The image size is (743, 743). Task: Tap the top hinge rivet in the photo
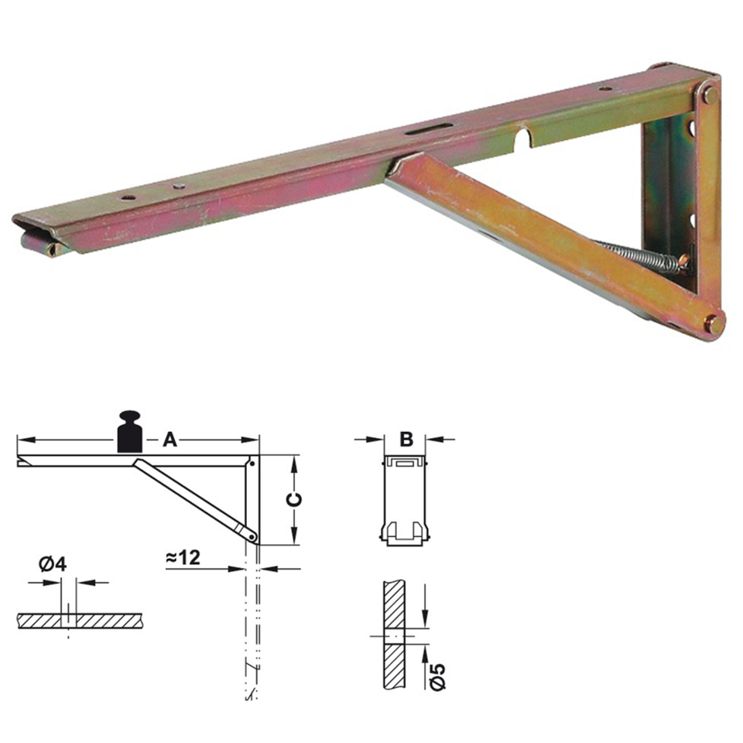tap(709, 95)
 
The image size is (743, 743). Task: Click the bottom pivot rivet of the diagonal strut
tap(714, 324)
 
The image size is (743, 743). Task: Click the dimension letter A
tap(169, 440)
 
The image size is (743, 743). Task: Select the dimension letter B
tap(406, 440)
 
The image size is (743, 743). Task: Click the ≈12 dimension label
tap(184, 557)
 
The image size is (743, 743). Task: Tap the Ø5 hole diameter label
tap(437, 671)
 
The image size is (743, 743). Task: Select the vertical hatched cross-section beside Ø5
tap(395, 635)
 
